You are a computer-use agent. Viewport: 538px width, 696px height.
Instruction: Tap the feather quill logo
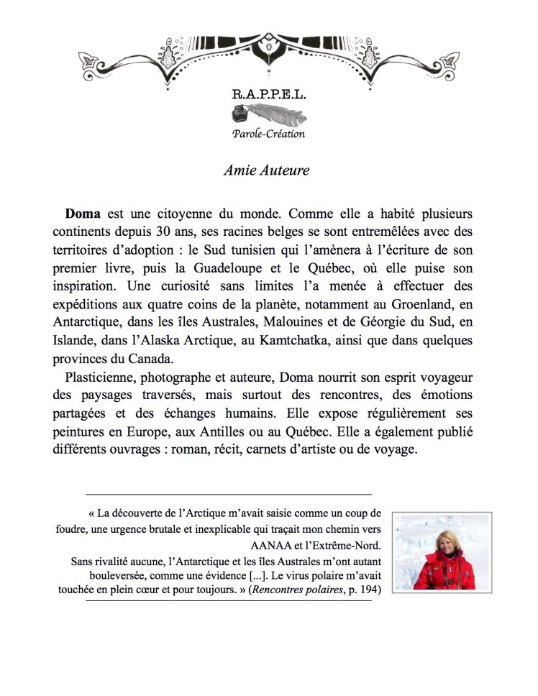click(x=268, y=115)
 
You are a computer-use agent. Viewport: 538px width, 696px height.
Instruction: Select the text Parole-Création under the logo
click(x=268, y=134)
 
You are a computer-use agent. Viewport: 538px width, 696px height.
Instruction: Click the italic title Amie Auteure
click(x=266, y=170)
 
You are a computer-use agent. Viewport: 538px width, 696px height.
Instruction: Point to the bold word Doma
click(x=83, y=214)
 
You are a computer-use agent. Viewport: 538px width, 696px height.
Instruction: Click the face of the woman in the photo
click(x=440, y=544)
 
